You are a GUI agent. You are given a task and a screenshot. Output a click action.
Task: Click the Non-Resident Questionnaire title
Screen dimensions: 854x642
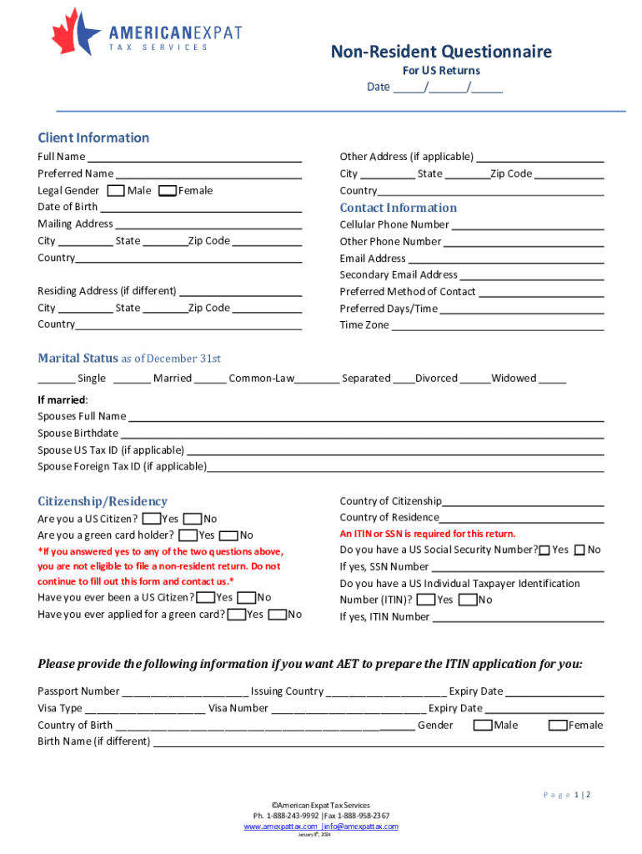pos(441,53)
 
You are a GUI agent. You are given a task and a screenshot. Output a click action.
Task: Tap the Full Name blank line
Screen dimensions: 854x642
pos(194,158)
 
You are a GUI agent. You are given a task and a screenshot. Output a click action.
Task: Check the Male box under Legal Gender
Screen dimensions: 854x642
pos(117,191)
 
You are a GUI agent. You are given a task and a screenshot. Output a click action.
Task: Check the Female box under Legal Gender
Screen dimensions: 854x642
pos(167,191)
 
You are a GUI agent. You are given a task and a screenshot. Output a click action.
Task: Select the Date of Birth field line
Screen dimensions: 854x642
pos(200,208)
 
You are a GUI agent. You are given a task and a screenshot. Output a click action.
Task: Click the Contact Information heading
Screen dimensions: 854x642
pos(398,208)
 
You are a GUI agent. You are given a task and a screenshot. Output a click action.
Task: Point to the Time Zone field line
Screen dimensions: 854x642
pos(497,326)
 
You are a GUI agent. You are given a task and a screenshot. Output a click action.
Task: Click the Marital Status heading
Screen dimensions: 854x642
pos(78,359)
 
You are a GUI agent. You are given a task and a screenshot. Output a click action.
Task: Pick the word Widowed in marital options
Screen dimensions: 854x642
pos(513,379)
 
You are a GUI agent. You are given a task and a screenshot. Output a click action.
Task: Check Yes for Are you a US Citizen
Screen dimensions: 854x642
pos(151,519)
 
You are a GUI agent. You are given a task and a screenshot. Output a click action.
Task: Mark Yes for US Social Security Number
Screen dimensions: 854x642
pos(544,550)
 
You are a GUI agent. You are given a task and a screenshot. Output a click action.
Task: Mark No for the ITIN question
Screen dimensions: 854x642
pos(467,600)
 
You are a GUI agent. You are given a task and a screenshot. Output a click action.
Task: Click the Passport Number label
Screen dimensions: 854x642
pos(78,691)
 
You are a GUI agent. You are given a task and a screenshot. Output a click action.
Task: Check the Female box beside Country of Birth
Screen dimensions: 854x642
pos(557,726)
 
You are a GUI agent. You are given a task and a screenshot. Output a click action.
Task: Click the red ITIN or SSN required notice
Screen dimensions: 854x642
pos(427,534)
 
